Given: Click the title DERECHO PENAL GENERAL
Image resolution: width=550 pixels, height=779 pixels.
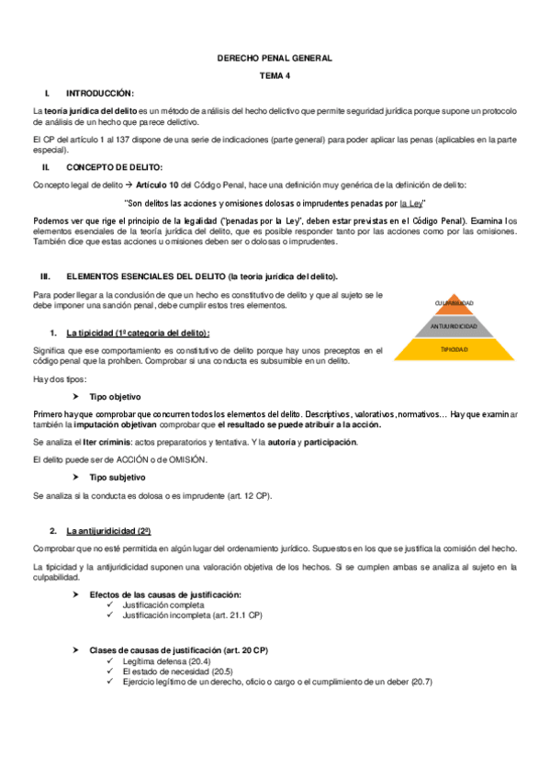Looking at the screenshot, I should pyautogui.click(x=274, y=58).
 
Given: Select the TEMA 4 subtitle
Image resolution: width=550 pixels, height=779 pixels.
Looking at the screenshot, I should pyautogui.click(x=274, y=75).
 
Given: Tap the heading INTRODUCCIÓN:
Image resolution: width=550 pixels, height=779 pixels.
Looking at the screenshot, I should pyautogui.click(x=100, y=94).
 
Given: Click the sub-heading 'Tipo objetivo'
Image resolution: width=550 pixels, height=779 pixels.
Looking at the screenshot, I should pyautogui.click(x=115, y=397).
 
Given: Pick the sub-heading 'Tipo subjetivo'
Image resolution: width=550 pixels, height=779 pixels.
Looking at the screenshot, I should pyautogui.click(x=117, y=478).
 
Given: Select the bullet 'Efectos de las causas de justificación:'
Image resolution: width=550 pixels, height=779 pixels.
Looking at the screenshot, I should pyautogui.click(x=165, y=595).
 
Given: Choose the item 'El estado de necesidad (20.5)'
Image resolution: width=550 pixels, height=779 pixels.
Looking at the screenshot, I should pyautogui.click(x=177, y=671).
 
